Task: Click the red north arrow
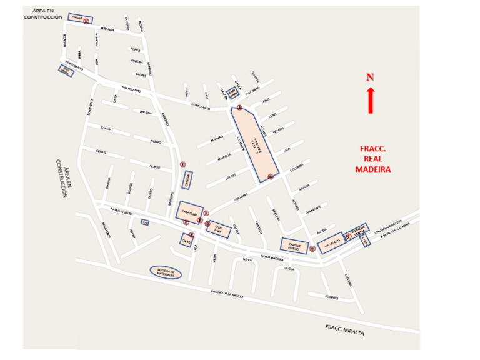tap(370, 100)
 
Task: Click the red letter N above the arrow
tap(370, 77)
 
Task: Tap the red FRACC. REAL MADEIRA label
tap(373, 159)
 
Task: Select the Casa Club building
tap(189, 212)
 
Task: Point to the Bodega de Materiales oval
tap(166, 272)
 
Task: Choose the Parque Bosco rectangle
tap(294, 246)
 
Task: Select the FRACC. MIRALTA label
tap(344, 329)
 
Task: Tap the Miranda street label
tap(107, 29)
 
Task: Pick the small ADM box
tap(145, 222)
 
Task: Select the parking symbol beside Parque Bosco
tap(312, 249)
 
